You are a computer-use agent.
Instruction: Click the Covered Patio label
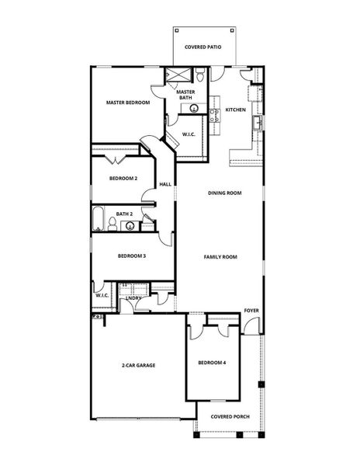[202, 47]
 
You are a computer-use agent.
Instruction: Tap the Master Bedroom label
[128, 103]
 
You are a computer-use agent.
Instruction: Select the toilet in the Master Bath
[200, 76]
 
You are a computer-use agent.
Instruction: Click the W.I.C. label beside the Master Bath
[189, 135]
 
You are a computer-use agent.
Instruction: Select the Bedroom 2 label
[123, 179]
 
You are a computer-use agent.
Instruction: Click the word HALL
[165, 184]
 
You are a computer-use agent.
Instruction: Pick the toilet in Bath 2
[113, 224]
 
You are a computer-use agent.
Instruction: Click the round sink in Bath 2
[131, 227]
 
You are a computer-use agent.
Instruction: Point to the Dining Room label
[226, 193]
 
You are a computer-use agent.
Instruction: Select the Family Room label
[220, 256]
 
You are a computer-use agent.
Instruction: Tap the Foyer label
[251, 311]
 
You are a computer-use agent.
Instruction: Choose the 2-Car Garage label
[139, 364]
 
